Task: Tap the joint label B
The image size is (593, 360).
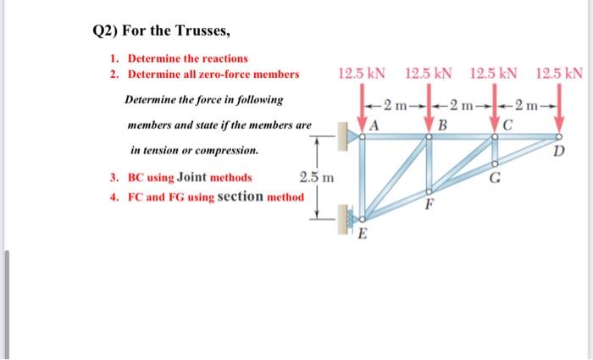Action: click(441, 126)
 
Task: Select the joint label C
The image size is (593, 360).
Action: click(507, 125)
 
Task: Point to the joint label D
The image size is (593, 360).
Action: click(557, 151)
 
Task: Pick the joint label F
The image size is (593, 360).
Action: click(429, 203)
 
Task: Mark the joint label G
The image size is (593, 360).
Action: click(495, 177)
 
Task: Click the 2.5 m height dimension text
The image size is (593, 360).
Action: click(317, 178)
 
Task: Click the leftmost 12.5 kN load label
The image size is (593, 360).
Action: click(360, 74)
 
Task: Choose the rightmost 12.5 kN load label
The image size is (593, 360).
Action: click(560, 74)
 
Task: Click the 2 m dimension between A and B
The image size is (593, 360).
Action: click(395, 105)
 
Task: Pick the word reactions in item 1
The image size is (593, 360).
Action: click(223, 58)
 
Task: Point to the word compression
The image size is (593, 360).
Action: click(227, 150)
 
